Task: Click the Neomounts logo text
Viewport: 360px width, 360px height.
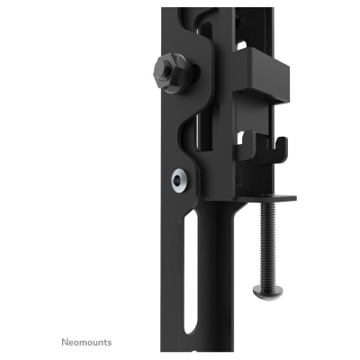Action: coord(86,342)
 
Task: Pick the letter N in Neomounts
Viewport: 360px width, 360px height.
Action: coord(64,342)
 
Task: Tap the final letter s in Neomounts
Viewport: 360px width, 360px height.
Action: coord(110,342)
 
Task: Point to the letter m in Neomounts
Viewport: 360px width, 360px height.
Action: coord(82,343)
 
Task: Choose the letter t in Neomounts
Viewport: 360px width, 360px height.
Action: coord(105,342)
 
